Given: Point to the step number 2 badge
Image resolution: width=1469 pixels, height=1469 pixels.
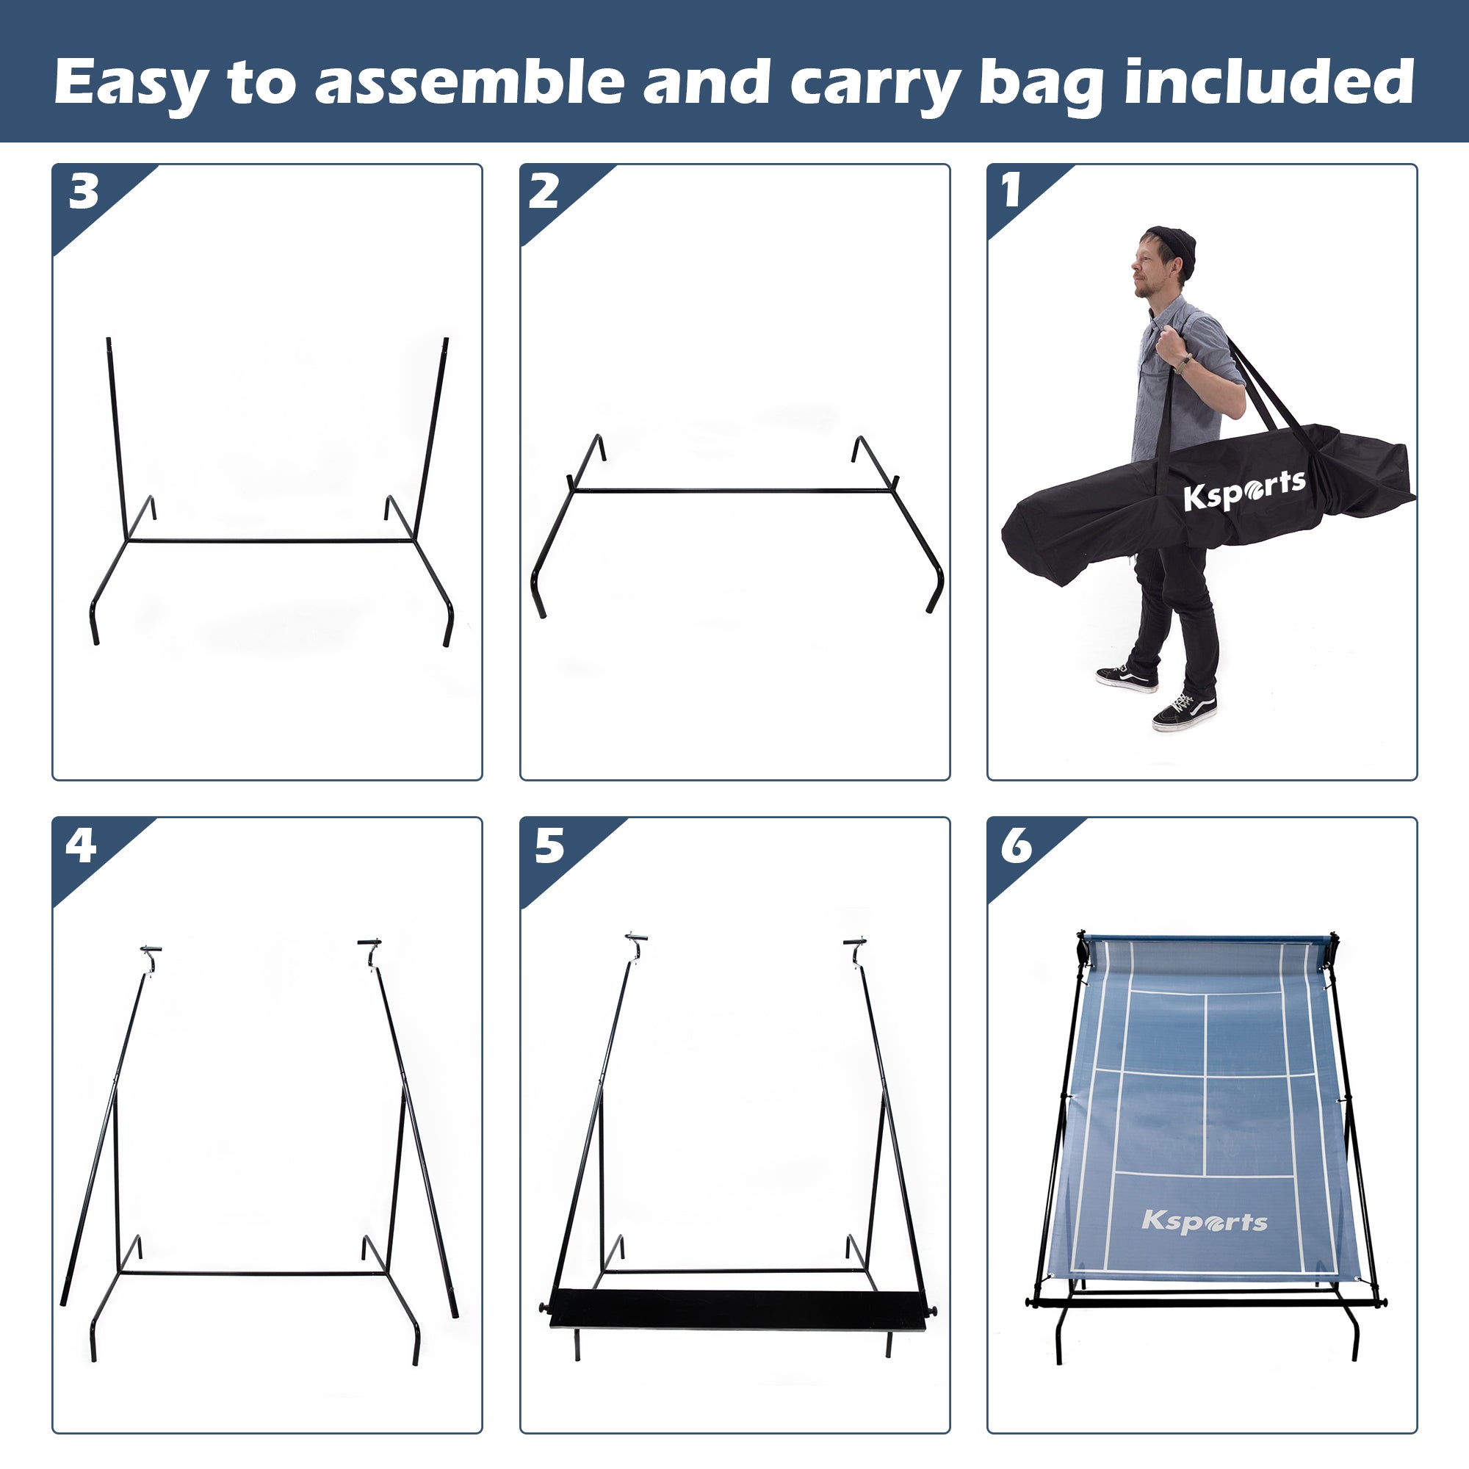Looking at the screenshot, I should pos(544,192).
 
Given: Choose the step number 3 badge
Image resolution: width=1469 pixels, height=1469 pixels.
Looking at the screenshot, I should pos(84,192).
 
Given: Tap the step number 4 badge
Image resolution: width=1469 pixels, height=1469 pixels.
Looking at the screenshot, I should pos(82,845).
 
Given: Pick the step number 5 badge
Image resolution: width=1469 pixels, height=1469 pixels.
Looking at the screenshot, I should pos(549,845).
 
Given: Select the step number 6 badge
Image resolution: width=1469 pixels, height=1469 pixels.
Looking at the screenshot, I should pos(1017,845).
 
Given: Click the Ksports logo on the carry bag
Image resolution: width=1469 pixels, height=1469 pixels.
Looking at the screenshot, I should pos(1244,491).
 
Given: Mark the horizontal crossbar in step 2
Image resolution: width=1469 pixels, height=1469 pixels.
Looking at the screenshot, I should pos(734,491).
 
